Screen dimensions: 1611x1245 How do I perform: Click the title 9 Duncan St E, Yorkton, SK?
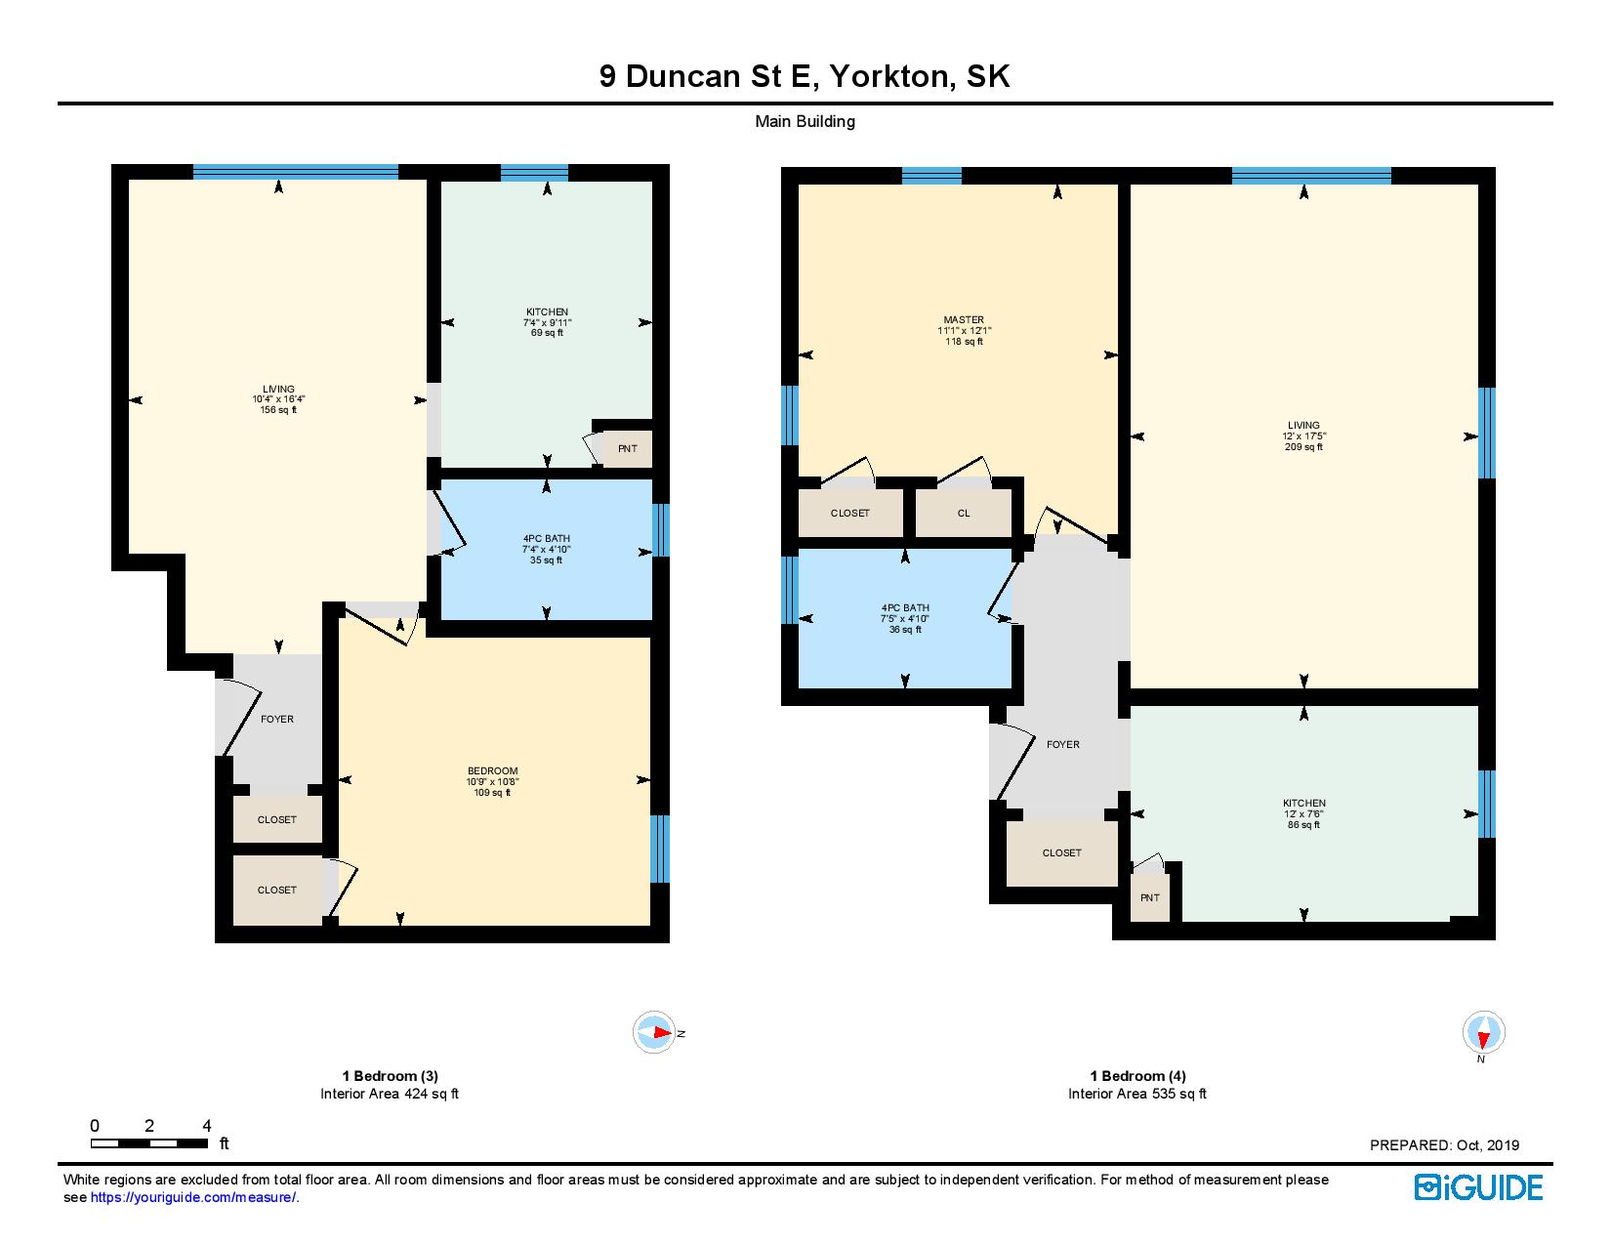(x=805, y=76)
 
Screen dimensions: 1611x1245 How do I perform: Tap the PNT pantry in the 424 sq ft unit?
(x=627, y=448)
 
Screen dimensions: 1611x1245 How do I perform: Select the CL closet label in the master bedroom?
(x=963, y=513)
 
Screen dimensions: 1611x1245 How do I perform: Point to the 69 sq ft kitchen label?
(x=547, y=322)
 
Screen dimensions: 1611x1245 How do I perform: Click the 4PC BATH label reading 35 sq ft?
(x=547, y=550)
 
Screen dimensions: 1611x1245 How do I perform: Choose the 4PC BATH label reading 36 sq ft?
(x=904, y=618)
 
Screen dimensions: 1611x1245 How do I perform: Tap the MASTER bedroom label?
(x=964, y=331)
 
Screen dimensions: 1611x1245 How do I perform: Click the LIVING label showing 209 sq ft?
(x=1303, y=436)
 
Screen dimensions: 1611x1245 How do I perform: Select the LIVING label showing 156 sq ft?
(x=278, y=399)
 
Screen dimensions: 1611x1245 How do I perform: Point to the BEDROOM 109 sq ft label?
(x=492, y=781)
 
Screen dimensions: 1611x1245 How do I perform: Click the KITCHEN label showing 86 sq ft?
(x=1304, y=813)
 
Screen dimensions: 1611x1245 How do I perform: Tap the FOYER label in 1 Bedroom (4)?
(x=1062, y=744)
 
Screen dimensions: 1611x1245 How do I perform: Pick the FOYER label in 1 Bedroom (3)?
(x=276, y=720)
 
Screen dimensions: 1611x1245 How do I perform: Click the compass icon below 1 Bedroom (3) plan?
(x=654, y=1032)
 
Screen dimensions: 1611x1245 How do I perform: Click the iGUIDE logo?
(x=1478, y=1187)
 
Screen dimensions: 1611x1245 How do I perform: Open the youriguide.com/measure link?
(x=192, y=1197)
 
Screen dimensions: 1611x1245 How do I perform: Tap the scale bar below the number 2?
(x=149, y=1143)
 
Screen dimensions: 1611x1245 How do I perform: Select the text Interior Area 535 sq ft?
(x=1137, y=1094)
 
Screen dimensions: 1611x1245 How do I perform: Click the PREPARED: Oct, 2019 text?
(x=1444, y=1145)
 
